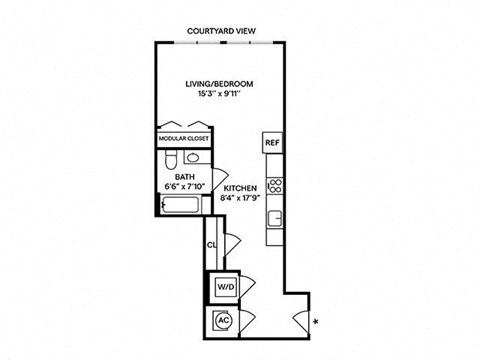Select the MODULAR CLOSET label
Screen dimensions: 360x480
click(181, 139)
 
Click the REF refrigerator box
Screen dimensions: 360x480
click(272, 143)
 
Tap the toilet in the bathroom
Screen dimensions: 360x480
click(171, 160)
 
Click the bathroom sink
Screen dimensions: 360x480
click(193, 159)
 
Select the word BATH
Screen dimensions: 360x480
click(184, 176)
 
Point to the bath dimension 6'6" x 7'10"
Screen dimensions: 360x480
click(184, 187)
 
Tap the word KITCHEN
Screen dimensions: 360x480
click(241, 188)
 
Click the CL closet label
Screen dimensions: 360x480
click(211, 244)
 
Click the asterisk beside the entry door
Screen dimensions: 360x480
click(316, 322)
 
